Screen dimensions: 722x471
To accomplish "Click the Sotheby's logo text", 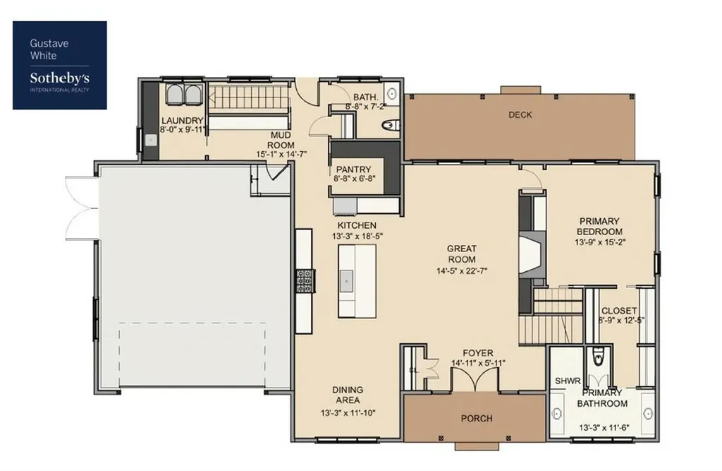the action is point(60,78).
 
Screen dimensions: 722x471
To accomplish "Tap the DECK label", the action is point(520,114).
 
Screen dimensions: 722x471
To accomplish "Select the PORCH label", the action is point(477,419).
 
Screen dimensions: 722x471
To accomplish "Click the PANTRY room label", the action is point(353,169).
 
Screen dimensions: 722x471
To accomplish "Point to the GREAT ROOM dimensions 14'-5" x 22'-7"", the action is point(462,270).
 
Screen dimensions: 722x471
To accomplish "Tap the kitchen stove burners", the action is point(305,280).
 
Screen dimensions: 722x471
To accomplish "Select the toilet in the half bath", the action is point(391,125).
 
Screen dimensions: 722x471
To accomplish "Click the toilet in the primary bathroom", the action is point(598,356).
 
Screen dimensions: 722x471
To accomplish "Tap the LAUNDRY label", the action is point(183,121).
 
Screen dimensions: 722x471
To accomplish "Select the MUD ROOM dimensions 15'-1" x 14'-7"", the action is point(281,154).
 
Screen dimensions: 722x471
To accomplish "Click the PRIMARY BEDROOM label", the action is point(599,226).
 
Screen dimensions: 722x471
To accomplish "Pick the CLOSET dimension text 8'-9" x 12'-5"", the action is point(621,320).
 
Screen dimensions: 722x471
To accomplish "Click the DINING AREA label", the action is point(348,395).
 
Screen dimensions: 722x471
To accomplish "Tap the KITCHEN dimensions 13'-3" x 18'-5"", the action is point(357,236).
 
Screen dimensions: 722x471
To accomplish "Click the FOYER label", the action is point(478,353).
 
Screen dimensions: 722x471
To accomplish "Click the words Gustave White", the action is point(49,49).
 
